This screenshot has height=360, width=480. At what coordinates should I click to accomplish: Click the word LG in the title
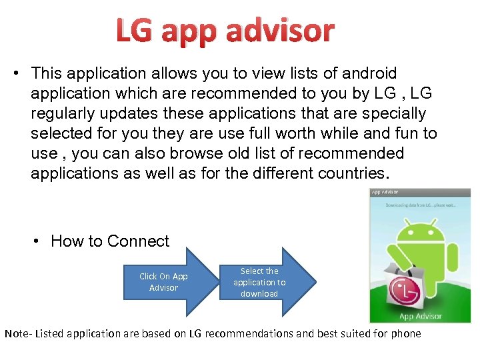point(135,31)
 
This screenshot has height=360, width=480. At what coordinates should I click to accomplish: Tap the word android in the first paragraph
point(360,73)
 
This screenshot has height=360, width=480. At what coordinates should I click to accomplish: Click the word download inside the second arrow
point(259,294)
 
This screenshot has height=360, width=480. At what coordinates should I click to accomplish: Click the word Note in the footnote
point(15,333)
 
